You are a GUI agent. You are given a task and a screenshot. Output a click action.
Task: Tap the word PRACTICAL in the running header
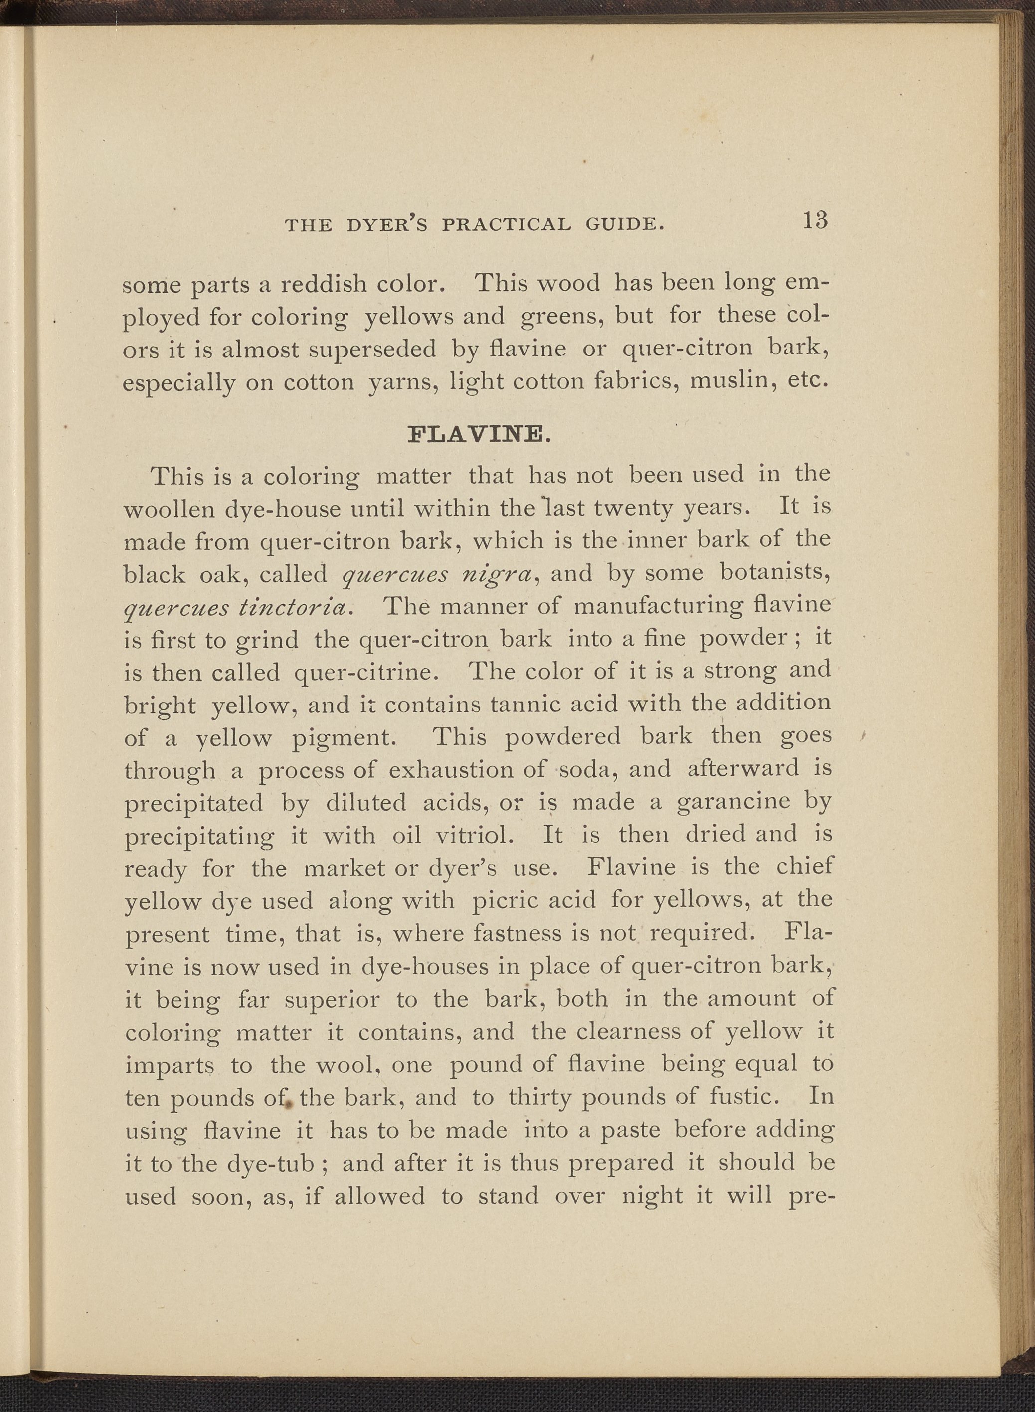click(506, 224)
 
